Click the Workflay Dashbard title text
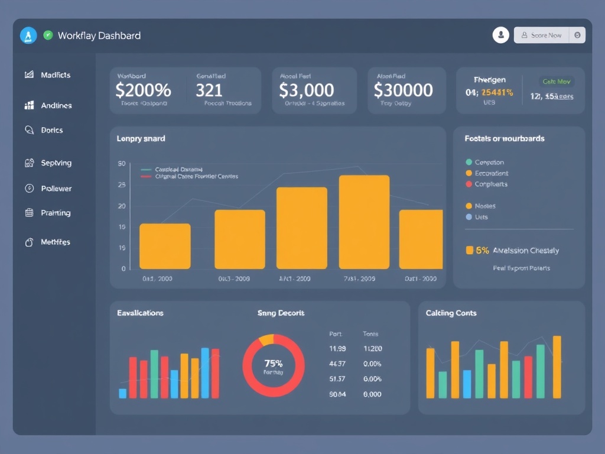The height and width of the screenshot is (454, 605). (99, 35)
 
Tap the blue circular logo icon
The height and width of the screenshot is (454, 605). (28, 35)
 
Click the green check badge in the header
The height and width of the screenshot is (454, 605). (48, 35)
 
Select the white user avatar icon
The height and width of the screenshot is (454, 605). (500, 35)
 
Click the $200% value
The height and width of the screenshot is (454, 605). (143, 90)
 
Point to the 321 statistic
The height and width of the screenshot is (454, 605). (209, 90)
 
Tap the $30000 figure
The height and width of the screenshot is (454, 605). (403, 90)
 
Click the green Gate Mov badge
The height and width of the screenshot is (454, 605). (556, 82)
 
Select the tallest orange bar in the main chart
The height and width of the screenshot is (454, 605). (364, 222)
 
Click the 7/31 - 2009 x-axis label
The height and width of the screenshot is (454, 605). (359, 278)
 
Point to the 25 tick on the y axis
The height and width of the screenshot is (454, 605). (122, 185)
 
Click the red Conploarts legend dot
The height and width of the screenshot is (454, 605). (469, 184)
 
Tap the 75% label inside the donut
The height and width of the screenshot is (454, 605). (273, 363)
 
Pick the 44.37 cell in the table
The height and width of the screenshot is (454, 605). (337, 364)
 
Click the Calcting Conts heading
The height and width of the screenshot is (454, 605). (451, 313)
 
